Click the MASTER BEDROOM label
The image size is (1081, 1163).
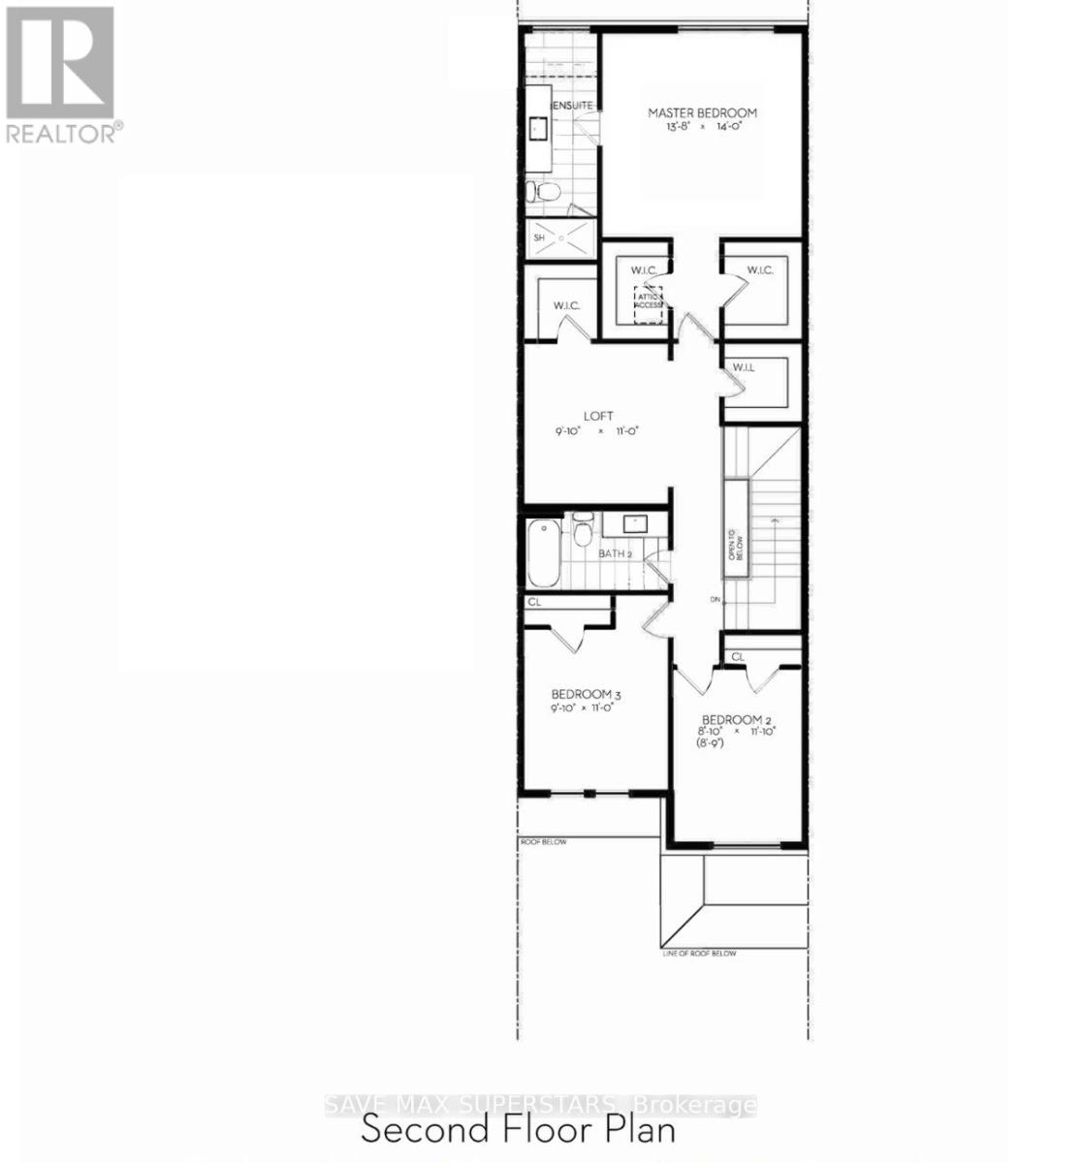click(x=702, y=113)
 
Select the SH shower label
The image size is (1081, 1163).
click(x=539, y=237)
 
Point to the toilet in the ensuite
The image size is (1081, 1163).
click(x=542, y=191)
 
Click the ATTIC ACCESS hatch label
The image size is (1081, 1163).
click(x=649, y=300)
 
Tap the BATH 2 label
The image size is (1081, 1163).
click(x=615, y=553)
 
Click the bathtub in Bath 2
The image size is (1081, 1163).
click(x=544, y=552)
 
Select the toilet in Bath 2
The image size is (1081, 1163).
click(x=583, y=532)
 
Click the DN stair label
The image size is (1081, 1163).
click(x=715, y=600)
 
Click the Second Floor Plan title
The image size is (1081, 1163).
click(x=518, y=1130)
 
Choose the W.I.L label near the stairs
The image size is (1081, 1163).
click(x=744, y=367)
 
